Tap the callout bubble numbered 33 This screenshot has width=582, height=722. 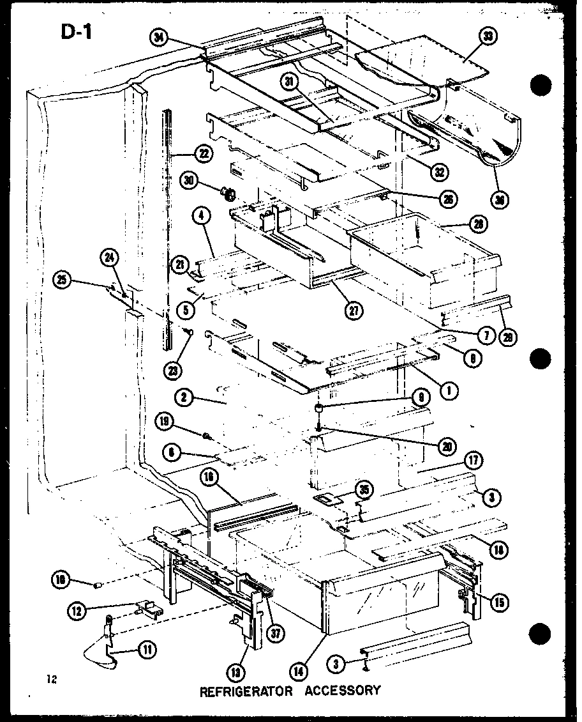[489, 37]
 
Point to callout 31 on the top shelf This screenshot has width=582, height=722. [291, 81]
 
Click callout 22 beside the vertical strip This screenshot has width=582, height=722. [203, 153]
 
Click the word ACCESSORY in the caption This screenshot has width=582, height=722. [343, 691]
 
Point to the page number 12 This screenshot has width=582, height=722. [52, 680]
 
